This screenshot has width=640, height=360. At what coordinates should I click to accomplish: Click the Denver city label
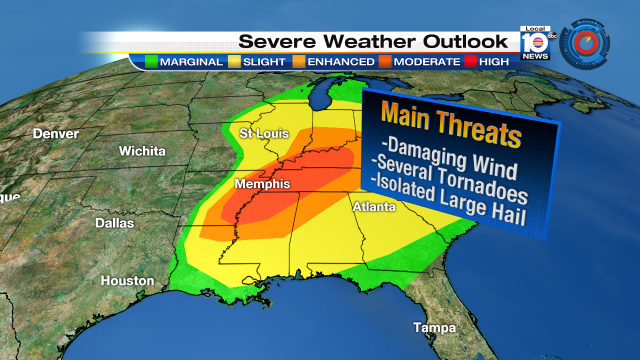coord(55,133)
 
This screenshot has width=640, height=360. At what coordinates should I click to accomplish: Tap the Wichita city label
coord(142,151)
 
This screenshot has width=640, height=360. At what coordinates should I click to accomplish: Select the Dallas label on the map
coord(113,223)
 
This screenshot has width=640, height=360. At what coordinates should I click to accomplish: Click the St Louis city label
coord(263,134)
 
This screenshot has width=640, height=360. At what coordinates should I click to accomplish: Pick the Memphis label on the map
coord(262,185)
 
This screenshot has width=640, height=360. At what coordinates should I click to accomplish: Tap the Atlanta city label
coord(374,206)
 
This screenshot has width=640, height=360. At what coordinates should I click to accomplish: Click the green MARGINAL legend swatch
coord(152,60)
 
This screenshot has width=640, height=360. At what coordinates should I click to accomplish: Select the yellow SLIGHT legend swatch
coord(234,60)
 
